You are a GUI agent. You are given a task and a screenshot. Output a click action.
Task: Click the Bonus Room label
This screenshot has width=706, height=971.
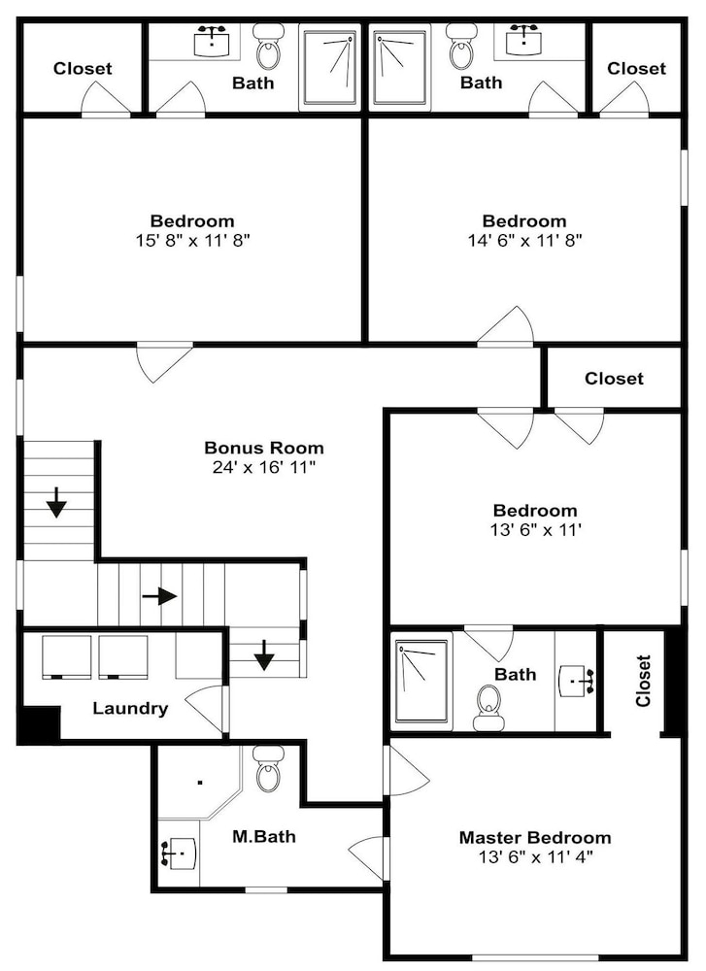point(264,447)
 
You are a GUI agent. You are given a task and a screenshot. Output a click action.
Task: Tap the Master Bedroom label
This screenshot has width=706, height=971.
point(535,837)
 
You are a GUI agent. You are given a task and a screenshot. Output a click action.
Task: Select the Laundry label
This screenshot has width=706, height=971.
point(130,708)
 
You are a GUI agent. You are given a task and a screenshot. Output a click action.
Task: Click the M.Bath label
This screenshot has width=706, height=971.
point(264,837)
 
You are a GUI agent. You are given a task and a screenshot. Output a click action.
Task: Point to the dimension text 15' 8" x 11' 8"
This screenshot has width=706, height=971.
point(192,240)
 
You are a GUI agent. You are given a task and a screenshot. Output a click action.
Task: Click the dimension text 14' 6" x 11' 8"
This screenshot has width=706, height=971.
point(524,240)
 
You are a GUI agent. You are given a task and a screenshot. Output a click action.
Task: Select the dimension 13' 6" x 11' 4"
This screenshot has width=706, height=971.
point(536,857)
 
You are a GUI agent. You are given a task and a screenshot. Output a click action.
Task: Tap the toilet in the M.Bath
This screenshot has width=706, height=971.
point(269,768)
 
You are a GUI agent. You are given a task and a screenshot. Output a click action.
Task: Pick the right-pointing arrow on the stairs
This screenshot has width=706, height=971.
point(160,596)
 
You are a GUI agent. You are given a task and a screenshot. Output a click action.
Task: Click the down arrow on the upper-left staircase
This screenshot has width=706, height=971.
point(56,502)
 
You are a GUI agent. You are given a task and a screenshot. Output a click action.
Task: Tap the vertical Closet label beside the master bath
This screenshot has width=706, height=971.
point(643,681)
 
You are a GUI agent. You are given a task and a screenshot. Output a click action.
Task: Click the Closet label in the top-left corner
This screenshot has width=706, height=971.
point(83,68)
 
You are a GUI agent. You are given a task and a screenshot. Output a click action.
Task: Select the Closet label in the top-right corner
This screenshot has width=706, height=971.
point(636,68)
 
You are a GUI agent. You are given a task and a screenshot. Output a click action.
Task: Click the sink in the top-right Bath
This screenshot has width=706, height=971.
point(524,40)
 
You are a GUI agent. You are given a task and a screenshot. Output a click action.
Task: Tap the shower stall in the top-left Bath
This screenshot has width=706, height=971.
point(329,68)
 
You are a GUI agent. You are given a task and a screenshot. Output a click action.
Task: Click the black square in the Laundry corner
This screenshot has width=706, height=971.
point(39,724)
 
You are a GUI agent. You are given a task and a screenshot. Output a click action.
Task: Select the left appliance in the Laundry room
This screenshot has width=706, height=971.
point(67,657)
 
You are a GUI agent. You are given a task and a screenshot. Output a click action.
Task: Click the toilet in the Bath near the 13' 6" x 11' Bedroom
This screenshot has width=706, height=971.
point(488,708)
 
